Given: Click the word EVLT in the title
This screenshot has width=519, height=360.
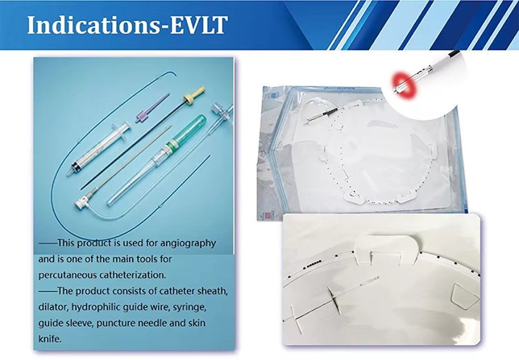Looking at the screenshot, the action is coord(199,24).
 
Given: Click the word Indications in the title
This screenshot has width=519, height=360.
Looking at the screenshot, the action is coord(93,24).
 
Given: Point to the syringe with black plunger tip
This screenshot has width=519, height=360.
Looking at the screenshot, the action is coord(99,149).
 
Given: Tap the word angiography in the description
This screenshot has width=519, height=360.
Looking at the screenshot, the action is coord(188,244).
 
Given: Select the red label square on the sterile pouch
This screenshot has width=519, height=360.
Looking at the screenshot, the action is coord(267,215).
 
